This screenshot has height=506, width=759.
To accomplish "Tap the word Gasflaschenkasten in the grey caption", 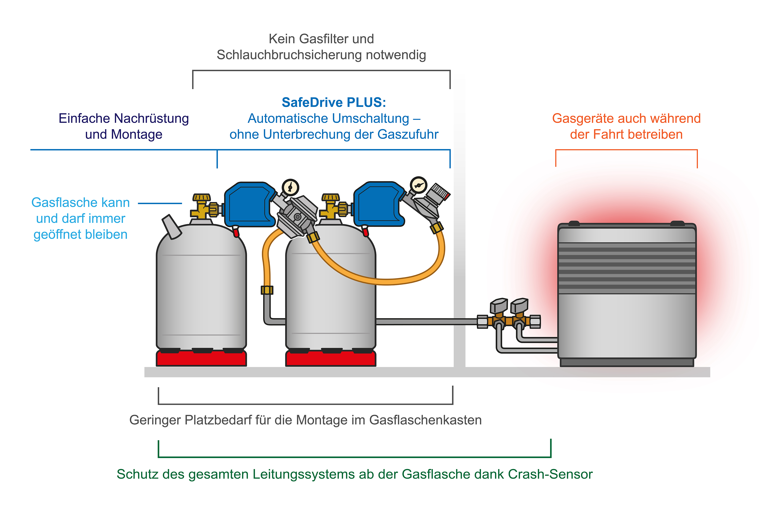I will (425, 420).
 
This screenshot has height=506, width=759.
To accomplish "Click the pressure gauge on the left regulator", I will (290, 187).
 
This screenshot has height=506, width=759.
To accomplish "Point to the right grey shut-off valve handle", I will (520, 305).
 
